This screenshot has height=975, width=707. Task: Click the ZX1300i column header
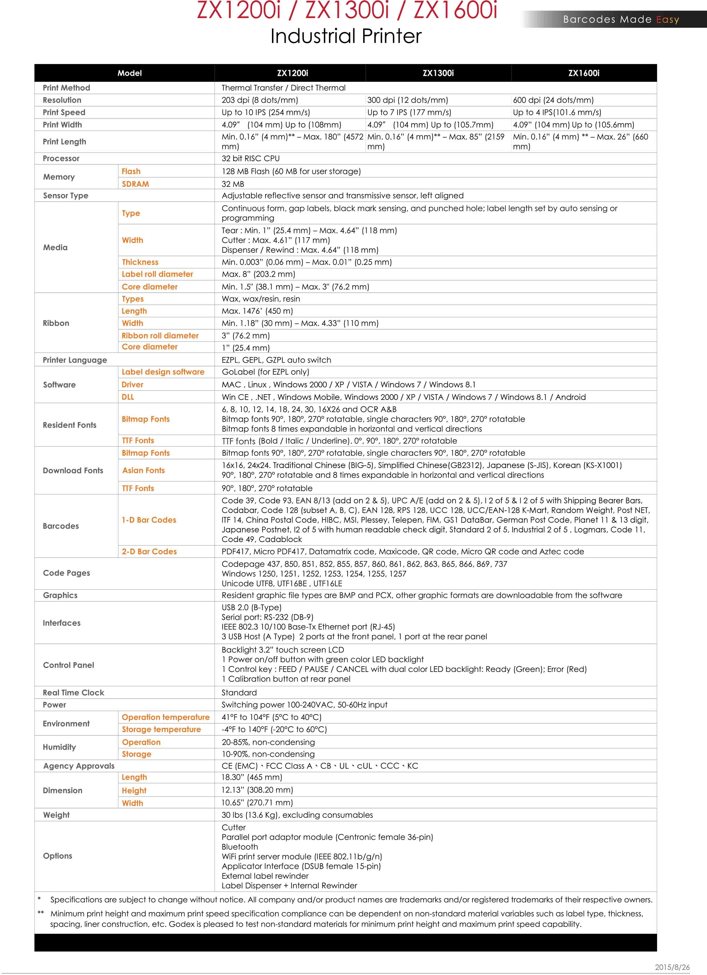click(438, 73)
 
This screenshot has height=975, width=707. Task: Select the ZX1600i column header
click(584, 73)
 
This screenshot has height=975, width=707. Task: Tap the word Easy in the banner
click(667, 19)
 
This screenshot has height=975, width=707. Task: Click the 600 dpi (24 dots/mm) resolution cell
click(553, 100)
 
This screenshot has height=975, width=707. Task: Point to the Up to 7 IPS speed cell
click(409, 112)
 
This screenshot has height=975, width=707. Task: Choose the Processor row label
click(61, 158)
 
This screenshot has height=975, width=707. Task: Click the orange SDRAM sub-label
click(135, 184)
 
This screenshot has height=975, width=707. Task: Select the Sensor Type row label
click(65, 196)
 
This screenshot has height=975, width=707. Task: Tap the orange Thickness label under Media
click(140, 262)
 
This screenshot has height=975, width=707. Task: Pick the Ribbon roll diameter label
click(160, 335)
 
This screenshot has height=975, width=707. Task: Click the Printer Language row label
click(75, 360)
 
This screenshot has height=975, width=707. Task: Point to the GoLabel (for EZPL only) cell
click(265, 372)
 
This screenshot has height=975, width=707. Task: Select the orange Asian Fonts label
click(143, 470)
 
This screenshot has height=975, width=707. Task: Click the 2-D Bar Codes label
click(149, 551)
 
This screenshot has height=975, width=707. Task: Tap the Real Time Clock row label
click(73, 692)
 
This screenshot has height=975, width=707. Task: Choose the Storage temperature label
click(161, 729)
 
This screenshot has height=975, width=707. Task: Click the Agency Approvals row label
click(79, 766)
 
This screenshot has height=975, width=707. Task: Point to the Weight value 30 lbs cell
click(297, 815)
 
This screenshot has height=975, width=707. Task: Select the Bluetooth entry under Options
click(240, 847)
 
